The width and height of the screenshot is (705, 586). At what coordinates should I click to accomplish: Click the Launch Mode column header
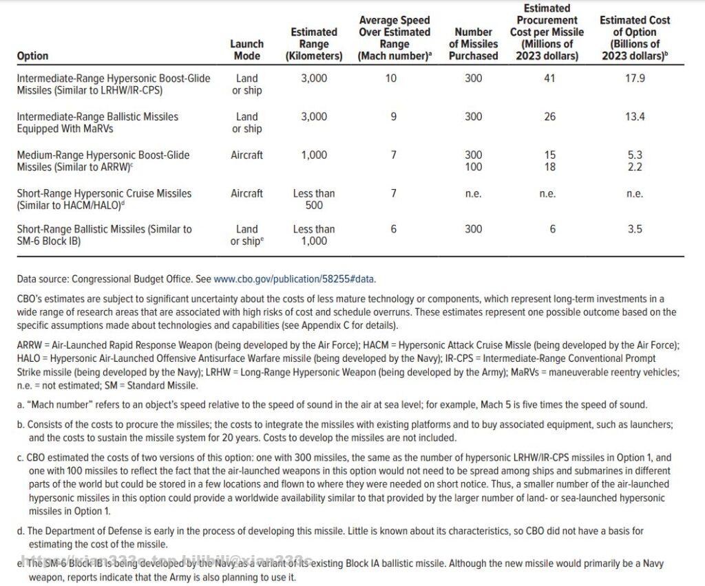(x=246, y=50)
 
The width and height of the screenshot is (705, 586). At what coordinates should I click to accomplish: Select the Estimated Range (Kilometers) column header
(x=314, y=43)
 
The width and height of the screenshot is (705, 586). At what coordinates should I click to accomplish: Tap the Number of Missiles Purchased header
(x=473, y=43)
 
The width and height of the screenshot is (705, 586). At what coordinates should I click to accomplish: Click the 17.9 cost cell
(x=634, y=78)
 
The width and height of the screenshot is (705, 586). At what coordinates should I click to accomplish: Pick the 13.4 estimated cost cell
(x=634, y=117)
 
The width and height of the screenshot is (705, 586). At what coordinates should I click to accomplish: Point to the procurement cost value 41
(x=549, y=78)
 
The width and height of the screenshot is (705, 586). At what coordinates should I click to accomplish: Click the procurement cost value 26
(x=549, y=117)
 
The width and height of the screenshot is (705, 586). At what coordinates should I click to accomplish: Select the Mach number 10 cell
(x=391, y=78)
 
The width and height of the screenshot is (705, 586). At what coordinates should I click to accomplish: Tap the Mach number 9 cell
(x=393, y=117)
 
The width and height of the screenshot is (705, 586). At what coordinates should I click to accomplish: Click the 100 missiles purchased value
(x=473, y=167)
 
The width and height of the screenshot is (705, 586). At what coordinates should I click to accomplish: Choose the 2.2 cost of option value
(x=634, y=167)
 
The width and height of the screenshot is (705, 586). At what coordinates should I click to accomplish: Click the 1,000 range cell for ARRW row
(x=314, y=155)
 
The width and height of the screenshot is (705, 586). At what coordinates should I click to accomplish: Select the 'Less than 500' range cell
(x=314, y=199)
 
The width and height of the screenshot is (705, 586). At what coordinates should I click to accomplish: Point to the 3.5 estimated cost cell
(x=634, y=229)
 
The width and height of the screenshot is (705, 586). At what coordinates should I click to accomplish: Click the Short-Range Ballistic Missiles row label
(x=104, y=235)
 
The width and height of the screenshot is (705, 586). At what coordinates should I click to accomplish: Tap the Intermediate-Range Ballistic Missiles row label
(x=97, y=122)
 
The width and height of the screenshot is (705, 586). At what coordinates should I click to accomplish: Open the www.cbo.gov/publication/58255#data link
(x=295, y=279)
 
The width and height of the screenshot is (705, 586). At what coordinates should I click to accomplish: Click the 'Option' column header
(x=32, y=56)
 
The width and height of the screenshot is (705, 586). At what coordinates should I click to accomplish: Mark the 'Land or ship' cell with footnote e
(x=246, y=235)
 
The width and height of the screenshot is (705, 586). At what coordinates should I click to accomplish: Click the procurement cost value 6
(x=552, y=229)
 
